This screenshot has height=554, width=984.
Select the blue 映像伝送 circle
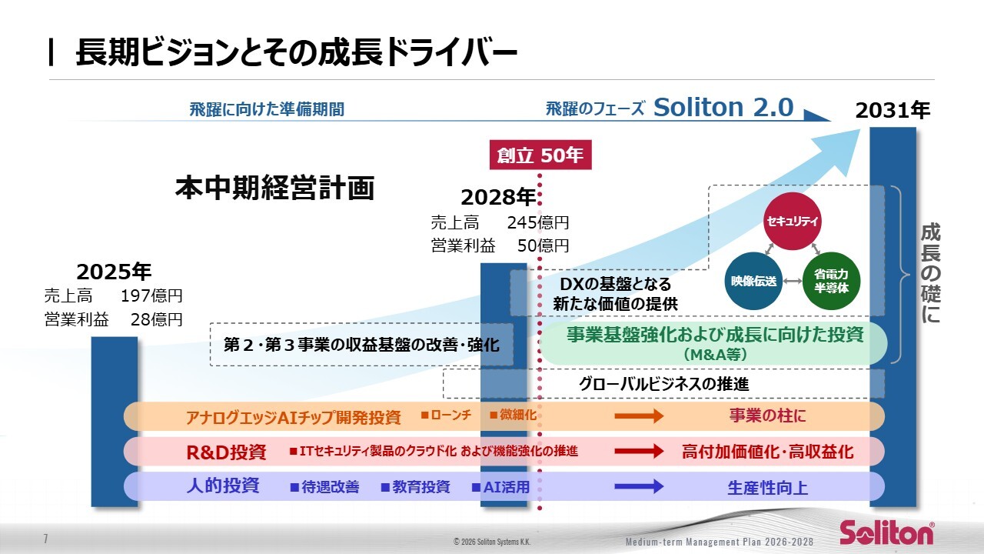pos(754,281)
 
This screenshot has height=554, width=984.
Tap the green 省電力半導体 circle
pos(831,281)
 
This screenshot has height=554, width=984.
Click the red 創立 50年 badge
pos(540,155)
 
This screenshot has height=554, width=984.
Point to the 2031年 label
pos(893,111)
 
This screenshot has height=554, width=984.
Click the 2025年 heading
pos(114,272)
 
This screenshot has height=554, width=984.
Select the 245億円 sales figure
pos(538,223)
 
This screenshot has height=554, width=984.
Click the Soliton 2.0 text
pos(723,108)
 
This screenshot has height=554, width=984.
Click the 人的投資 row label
pos(223,486)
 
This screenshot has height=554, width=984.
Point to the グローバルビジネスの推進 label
pos(663,382)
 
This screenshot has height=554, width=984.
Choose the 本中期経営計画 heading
pos(274,188)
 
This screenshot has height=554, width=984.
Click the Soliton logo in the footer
pos(886,532)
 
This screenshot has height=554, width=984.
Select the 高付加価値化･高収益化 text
pos(767,452)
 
